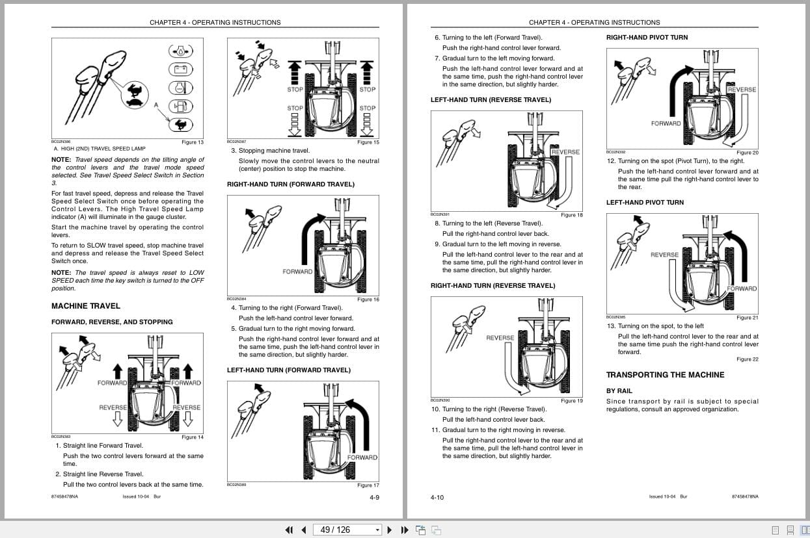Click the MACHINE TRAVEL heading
tap(85, 306)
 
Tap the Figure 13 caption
tap(192, 142)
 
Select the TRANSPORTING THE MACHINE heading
tap(665, 375)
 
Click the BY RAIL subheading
tap(619, 391)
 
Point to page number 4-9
tap(374, 497)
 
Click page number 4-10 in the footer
tap(437, 497)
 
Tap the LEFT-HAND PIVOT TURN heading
tap(645, 203)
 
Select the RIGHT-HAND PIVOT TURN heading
tap(647, 38)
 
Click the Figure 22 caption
tap(747, 359)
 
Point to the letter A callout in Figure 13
tap(156, 104)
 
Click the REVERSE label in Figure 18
tap(565, 152)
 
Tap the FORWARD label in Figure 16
tap(297, 272)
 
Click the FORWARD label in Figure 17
tap(362, 457)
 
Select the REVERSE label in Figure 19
tap(500, 338)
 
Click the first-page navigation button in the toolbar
tap(289, 530)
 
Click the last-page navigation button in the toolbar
tap(405, 530)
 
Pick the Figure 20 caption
tap(747, 153)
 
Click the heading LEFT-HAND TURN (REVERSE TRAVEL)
tap(491, 100)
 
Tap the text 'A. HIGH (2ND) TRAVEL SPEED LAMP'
tap(100, 149)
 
